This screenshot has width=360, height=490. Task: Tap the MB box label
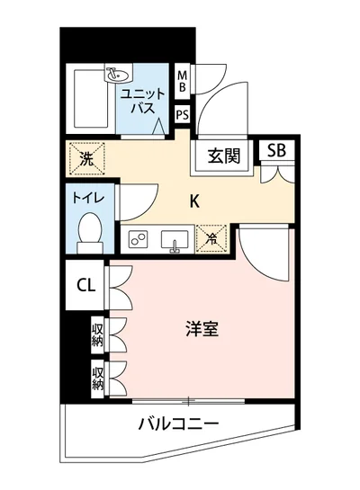183,81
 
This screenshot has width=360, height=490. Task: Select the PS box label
183,114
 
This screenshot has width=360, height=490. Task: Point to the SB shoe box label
275,151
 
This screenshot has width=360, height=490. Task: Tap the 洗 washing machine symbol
85,159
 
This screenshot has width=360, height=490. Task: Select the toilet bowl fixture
89,231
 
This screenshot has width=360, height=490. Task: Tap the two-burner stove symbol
140,239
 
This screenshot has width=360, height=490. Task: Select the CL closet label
85,286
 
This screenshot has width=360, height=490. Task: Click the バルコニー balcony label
178,423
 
